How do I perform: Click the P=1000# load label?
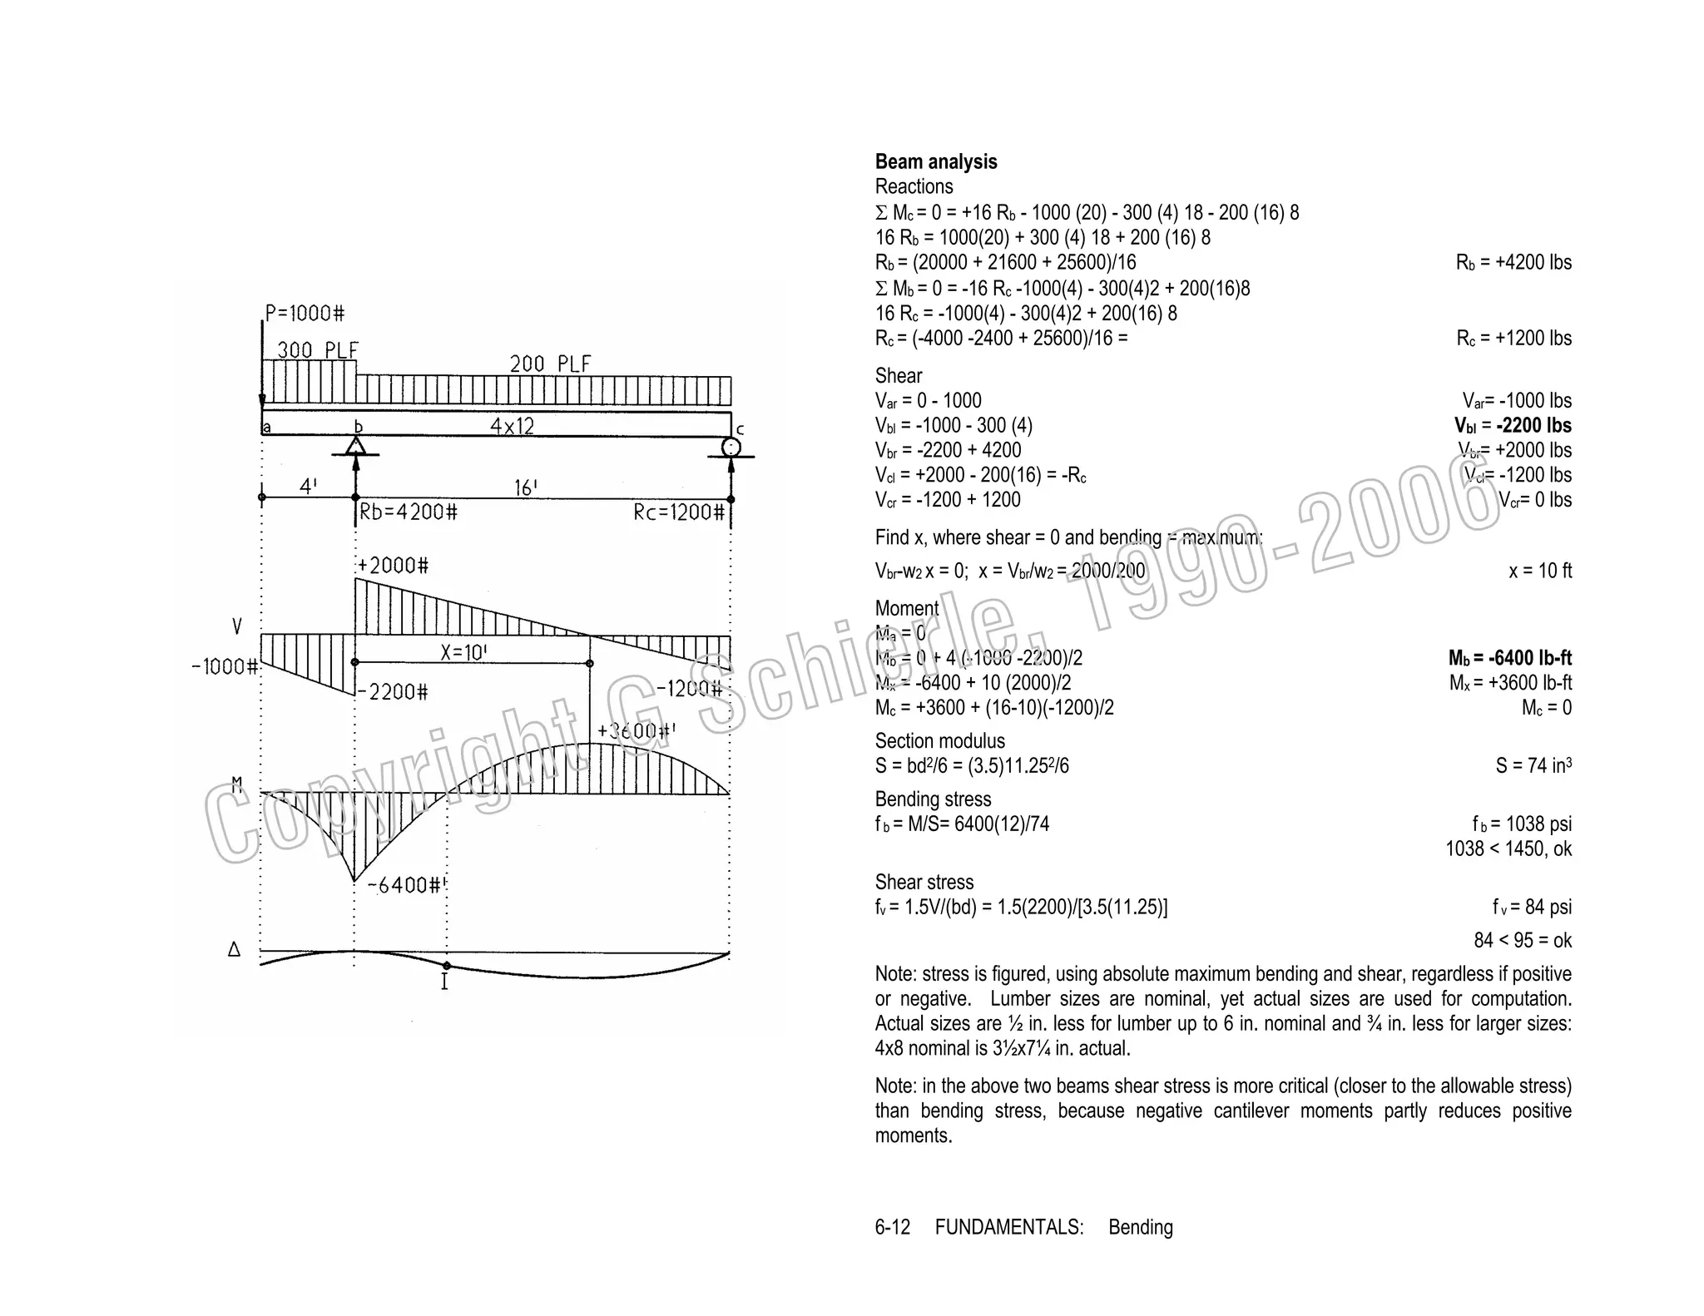[x=305, y=314]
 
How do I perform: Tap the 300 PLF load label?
[x=317, y=350]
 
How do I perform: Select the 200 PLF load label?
[x=550, y=364]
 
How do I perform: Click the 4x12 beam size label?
[x=512, y=426]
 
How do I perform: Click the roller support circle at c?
[x=731, y=448]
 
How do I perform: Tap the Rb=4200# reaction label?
[x=408, y=512]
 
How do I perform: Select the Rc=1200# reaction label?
[x=680, y=512]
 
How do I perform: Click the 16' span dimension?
[x=526, y=487]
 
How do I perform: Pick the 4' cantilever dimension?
[x=308, y=486]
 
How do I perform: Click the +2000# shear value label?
[x=394, y=566]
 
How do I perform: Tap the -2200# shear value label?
[x=392, y=692]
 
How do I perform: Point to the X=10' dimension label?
[x=463, y=652]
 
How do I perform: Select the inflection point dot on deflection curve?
[x=447, y=966]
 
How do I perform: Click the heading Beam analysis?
[x=936, y=161]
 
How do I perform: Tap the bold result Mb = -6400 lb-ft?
[x=1509, y=658]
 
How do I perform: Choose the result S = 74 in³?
[x=1533, y=765]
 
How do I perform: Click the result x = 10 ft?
[x=1540, y=571]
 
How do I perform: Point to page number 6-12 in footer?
[x=892, y=1227]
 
